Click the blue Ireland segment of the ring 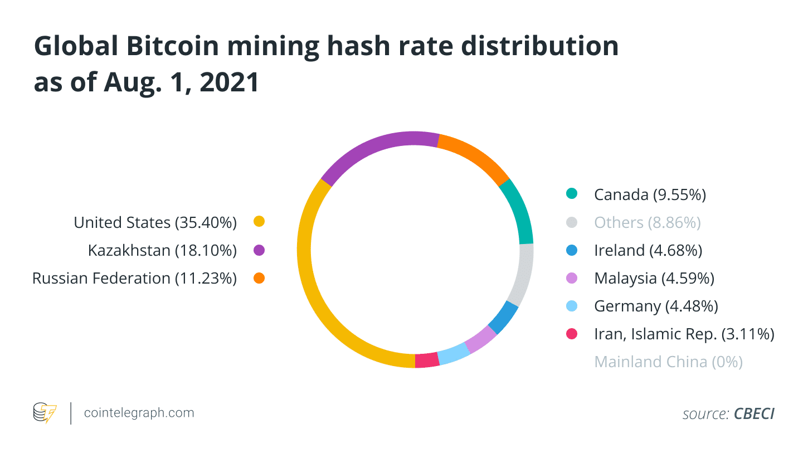point(503,318)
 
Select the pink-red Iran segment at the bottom point(427,360)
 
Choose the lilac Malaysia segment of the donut point(480,339)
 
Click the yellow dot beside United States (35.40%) point(259,222)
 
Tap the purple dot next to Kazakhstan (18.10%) point(259,250)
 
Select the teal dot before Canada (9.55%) point(571,194)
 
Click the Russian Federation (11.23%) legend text point(134,278)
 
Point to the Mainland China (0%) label point(668,362)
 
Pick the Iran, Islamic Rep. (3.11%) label point(684,334)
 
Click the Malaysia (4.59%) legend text point(654,278)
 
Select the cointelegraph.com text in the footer point(139,413)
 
